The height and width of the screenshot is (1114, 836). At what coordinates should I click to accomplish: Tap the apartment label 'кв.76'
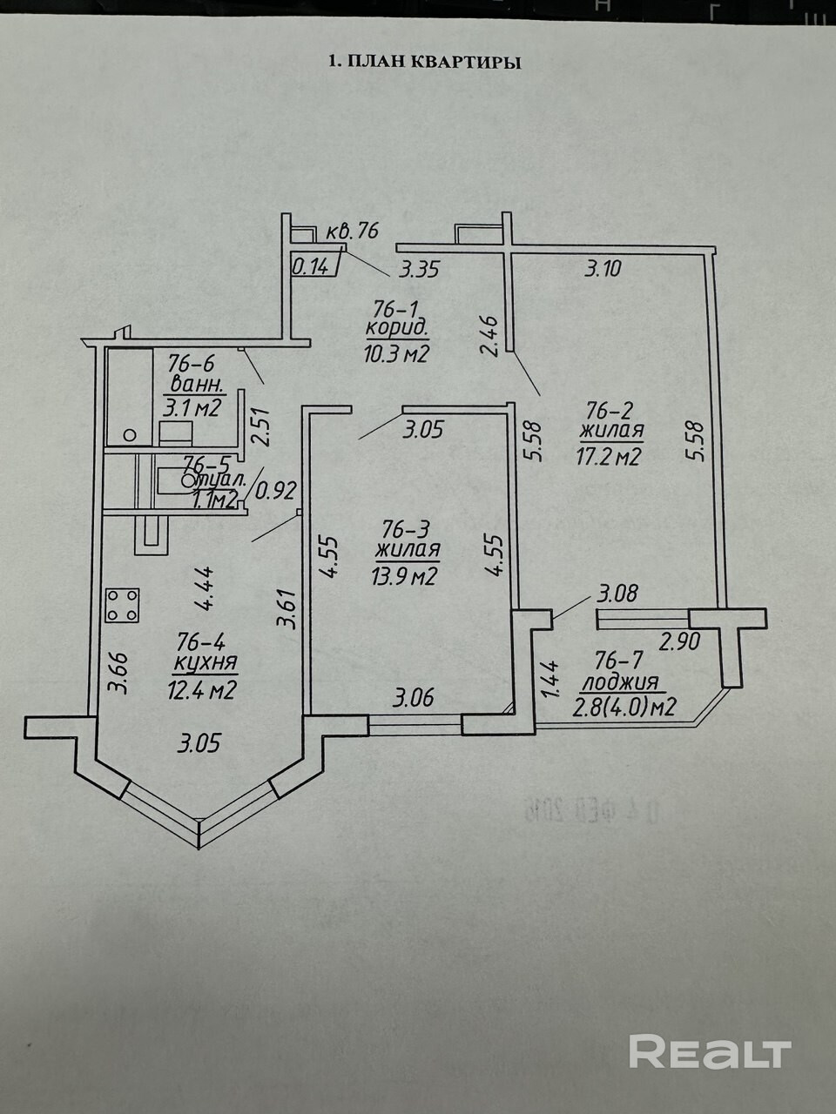353,231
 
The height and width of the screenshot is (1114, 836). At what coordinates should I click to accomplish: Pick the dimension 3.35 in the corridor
419,269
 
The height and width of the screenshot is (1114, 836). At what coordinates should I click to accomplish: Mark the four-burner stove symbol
123,605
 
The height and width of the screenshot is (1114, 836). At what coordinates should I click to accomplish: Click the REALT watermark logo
709,1051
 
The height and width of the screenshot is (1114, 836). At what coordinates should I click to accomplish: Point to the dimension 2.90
678,643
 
